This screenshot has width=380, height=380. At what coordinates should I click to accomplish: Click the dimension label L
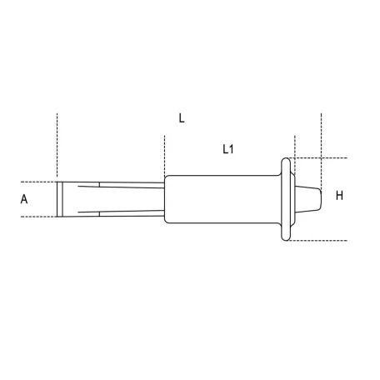(182, 118)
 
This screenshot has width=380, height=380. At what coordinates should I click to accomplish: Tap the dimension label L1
(228, 149)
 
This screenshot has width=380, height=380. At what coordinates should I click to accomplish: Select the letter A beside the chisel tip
(24, 199)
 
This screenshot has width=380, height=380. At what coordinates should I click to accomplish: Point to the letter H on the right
(339, 196)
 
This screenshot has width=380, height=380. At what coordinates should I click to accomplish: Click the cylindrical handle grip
(222, 199)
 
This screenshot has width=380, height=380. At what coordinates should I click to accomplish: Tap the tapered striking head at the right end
(308, 199)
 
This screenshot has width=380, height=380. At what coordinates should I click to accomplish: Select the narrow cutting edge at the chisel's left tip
(59, 199)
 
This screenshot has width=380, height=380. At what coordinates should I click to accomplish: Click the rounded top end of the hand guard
(286, 160)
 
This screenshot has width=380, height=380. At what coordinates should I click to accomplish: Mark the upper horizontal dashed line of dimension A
(38, 182)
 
